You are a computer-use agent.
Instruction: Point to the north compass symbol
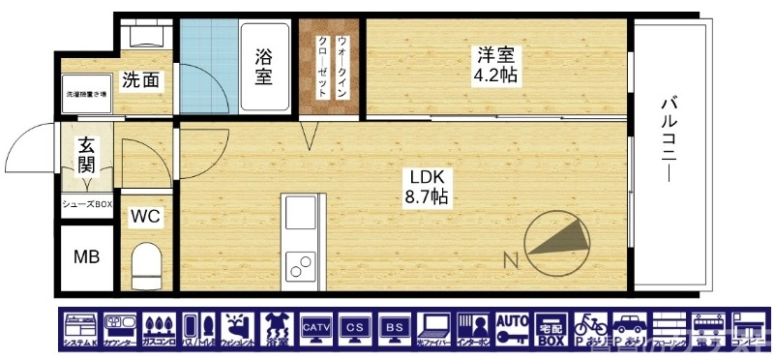pyautogui.click(x=558, y=241)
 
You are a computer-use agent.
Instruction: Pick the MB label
pyautogui.click(x=86, y=257)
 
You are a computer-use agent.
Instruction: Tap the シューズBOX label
pyautogui.click(x=88, y=204)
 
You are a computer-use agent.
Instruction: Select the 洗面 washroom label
pyautogui.click(x=140, y=80)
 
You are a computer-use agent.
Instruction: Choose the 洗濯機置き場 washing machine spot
pyautogui.click(x=86, y=95)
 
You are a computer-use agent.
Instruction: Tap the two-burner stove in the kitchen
pyautogui.click(x=299, y=261)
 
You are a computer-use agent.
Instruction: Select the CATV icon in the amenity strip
pyautogui.click(x=316, y=329)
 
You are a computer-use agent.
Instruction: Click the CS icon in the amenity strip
pyautogui.click(x=356, y=329)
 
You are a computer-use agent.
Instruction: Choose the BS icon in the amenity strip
pyautogui.click(x=395, y=329)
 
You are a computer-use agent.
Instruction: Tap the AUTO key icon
pyautogui.click(x=512, y=329)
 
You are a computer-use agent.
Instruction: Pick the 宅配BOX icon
pyautogui.click(x=551, y=329)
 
